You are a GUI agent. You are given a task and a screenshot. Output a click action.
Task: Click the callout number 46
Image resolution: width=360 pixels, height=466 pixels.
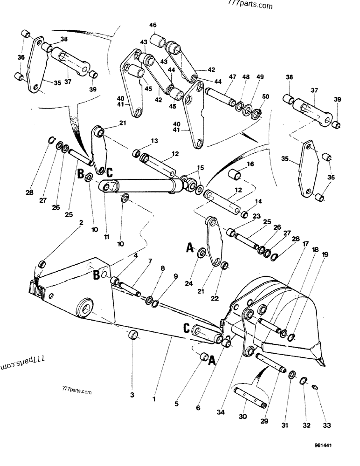coord(153,25)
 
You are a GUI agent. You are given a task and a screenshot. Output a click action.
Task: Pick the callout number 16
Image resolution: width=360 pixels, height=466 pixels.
coord(250,164)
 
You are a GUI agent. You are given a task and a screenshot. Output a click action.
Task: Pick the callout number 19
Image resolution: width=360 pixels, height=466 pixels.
coord(325,254)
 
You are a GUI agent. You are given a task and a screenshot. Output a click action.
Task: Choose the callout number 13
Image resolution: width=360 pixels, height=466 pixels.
coord(154,141)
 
